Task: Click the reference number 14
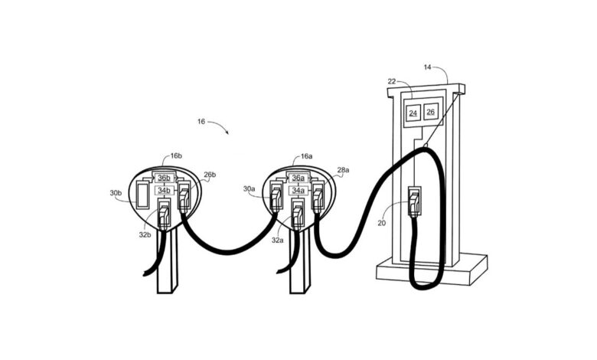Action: (428, 67)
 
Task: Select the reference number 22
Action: (392, 81)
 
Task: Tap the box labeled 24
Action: (413, 113)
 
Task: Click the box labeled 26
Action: (431, 112)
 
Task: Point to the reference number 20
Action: (381, 223)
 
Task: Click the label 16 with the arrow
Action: (201, 122)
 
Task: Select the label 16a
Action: (306, 156)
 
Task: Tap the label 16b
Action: (176, 155)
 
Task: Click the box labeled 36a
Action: (298, 178)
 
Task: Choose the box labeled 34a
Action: (298, 191)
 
